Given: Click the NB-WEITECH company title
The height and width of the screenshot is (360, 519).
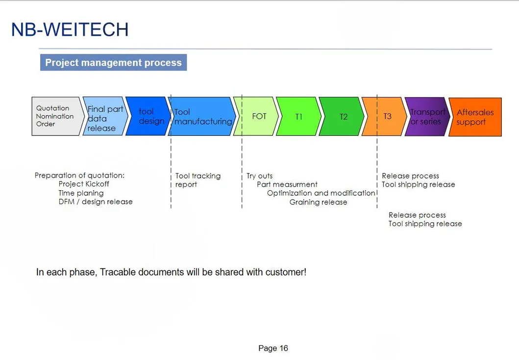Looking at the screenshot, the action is (x=70, y=29).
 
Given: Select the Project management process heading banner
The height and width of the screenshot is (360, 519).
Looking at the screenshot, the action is (x=114, y=62).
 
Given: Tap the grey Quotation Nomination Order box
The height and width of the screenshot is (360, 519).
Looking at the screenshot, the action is (x=56, y=116).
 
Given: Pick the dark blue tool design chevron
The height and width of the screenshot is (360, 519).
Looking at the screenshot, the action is (x=148, y=116).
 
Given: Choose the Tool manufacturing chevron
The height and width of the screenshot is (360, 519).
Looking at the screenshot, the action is (x=202, y=116).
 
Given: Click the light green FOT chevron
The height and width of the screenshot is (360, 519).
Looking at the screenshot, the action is (x=256, y=116).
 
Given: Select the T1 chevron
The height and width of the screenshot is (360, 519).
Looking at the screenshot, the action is (x=299, y=116).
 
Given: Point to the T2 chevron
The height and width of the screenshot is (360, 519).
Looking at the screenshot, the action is (x=342, y=116).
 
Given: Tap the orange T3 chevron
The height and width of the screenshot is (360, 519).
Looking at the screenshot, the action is (x=384, y=116).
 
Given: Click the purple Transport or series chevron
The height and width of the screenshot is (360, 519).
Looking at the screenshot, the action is (x=427, y=117).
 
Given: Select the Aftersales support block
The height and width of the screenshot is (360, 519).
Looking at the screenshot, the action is (x=475, y=117).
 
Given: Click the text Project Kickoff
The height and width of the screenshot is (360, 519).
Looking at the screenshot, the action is (x=84, y=184).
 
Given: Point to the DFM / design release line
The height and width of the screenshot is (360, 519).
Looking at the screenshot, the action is (x=96, y=202).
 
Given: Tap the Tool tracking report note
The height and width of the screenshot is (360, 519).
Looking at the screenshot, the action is (x=198, y=180).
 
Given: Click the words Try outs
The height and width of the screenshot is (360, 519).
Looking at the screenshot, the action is (x=260, y=176).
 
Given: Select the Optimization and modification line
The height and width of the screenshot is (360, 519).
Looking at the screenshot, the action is (x=321, y=193).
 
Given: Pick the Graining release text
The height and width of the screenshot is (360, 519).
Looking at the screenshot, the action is (x=319, y=202).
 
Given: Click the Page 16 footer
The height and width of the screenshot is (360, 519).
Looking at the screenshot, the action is (x=273, y=348).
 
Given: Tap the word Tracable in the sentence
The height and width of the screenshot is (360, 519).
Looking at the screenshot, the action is (x=118, y=272).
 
